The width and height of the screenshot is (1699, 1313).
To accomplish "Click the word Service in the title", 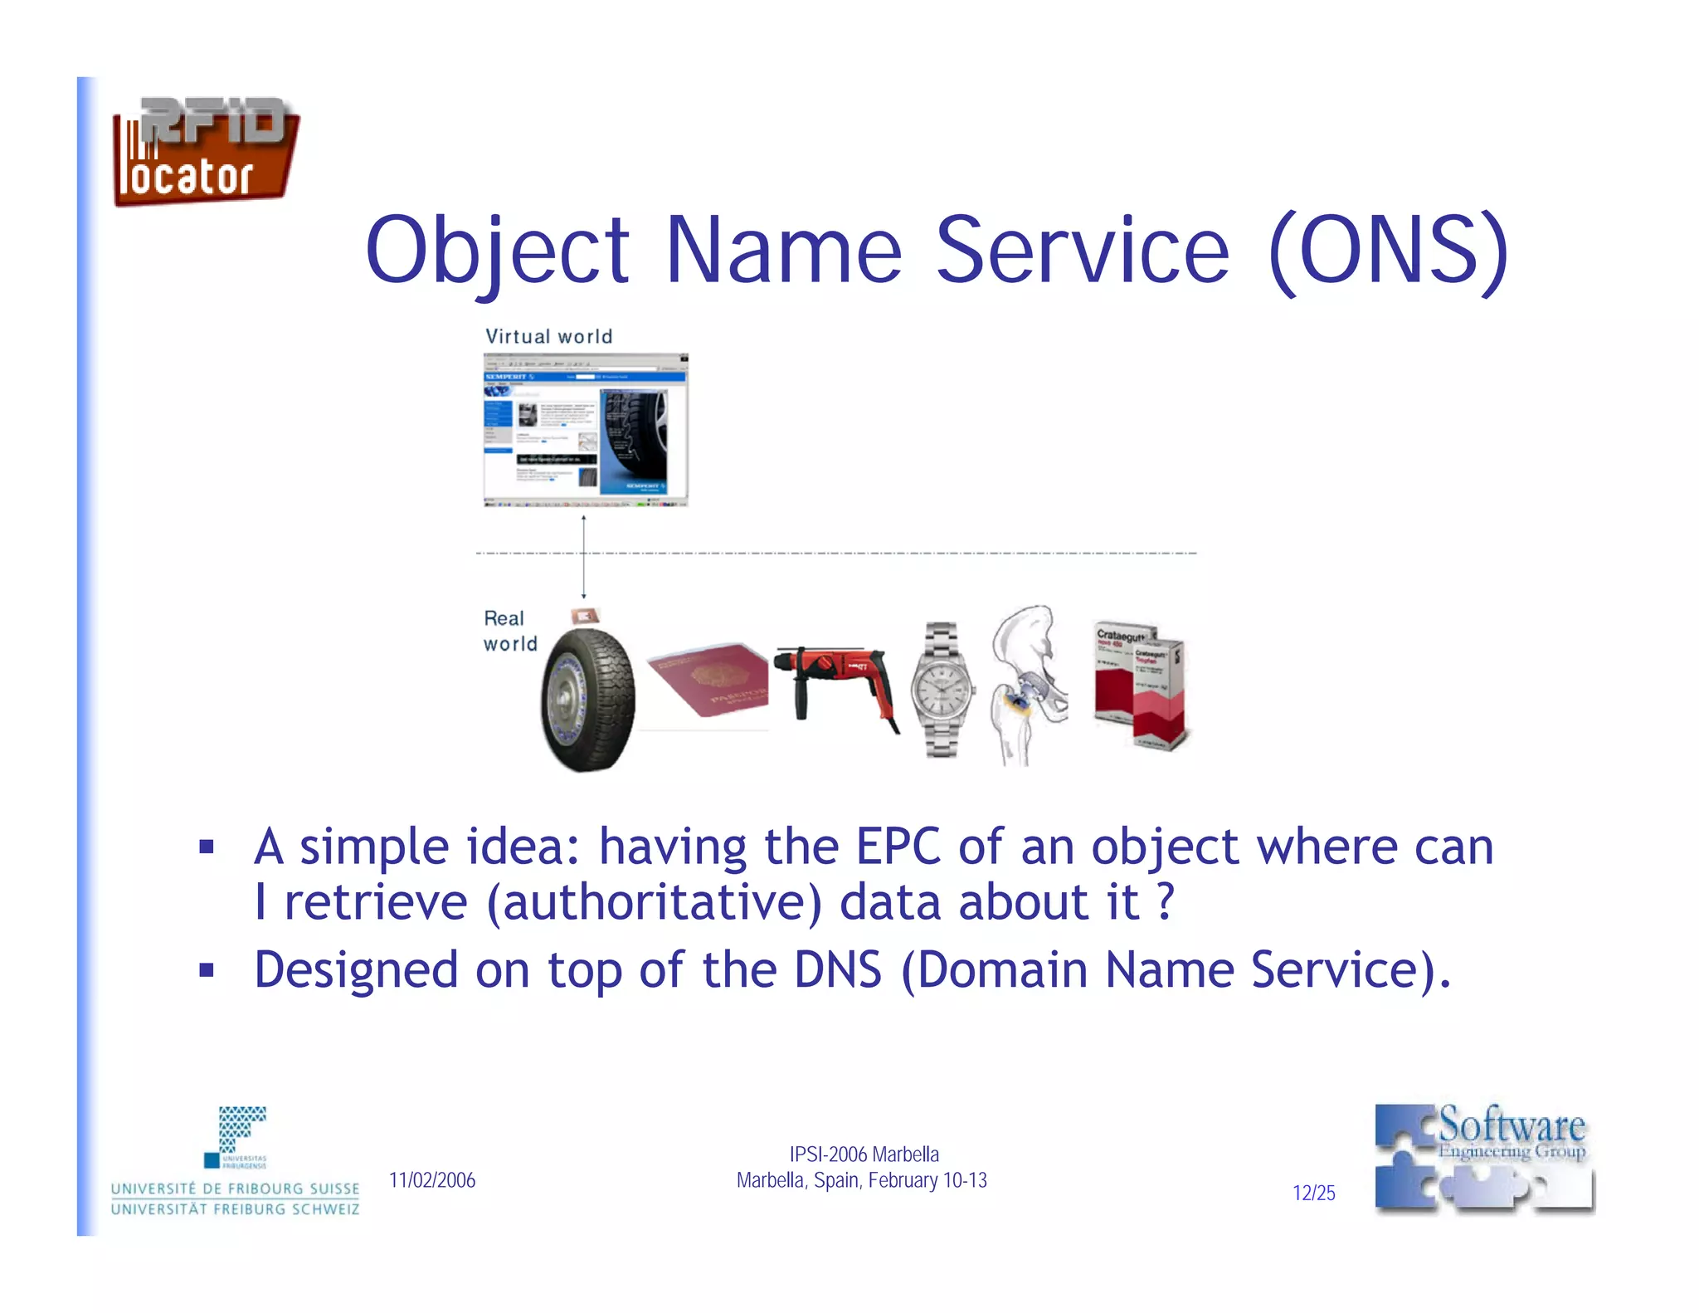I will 1082,250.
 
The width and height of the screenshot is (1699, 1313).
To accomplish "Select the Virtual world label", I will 548,336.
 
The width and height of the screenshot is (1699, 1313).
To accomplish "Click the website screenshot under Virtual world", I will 586,430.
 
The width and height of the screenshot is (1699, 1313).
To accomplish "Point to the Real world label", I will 509,631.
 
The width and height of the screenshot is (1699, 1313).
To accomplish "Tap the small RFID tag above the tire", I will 585,616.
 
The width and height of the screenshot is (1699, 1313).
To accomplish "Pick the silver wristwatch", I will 942,689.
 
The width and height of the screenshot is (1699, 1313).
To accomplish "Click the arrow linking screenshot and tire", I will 583,556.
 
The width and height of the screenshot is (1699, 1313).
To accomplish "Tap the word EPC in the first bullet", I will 898,847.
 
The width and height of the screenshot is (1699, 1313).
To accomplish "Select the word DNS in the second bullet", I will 837,969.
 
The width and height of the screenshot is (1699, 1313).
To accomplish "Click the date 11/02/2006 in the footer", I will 432,1180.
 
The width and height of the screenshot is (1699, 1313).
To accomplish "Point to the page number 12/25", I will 1313,1193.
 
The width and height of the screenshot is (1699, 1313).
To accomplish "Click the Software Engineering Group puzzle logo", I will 1483,1159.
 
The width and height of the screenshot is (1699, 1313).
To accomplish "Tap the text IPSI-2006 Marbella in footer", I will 864,1154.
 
